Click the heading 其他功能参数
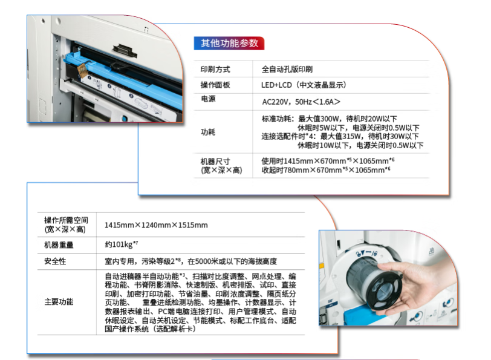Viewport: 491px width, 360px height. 229,43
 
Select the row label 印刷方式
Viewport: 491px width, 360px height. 215,69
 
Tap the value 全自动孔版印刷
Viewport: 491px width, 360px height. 287,69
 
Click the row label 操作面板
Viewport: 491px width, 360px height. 215,85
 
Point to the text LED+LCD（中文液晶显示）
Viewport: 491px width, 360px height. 304,85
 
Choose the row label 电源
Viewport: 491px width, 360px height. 208,99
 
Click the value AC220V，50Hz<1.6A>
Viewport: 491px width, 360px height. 301,102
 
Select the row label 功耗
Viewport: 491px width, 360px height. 208,133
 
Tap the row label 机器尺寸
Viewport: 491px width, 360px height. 215,162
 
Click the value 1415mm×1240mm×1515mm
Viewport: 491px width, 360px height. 156,225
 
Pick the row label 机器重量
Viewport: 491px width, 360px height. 59,245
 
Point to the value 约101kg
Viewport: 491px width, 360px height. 121,244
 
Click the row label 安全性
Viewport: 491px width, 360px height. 55,261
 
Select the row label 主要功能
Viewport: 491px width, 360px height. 59,302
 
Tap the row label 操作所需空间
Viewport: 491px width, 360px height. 66,220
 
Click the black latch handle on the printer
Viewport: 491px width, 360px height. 125,50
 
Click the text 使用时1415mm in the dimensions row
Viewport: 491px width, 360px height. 287,162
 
